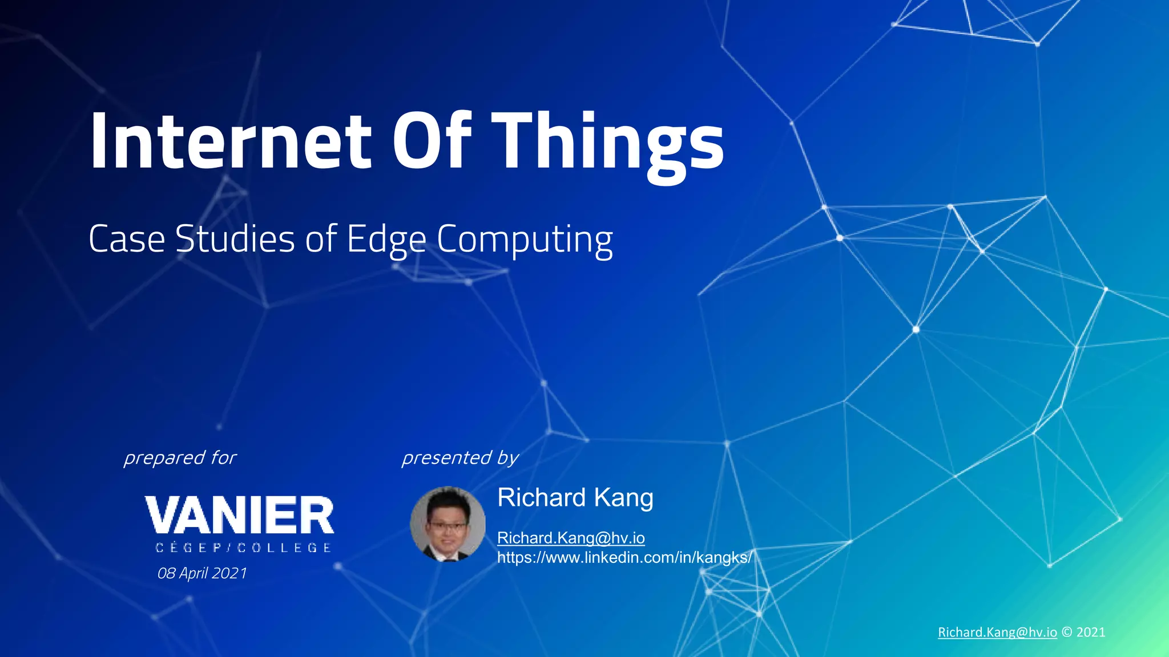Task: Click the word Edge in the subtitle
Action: coord(386,239)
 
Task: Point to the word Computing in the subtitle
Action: coord(525,239)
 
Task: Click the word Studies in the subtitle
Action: coord(235,239)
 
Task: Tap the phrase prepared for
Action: coord(180,457)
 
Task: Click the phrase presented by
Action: coord(460,457)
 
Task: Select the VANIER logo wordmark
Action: coord(240,515)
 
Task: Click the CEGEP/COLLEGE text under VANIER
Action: coord(243,547)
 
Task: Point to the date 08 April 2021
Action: coord(202,573)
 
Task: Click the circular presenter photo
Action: coord(448,524)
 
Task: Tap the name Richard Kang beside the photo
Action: coord(575,497)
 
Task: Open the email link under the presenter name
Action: coord(571,538)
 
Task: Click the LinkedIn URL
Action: coord(624,557)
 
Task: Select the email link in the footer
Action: coord(997,632)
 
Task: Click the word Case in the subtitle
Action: coord(127,239)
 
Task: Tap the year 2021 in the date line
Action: coord(229,573)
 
